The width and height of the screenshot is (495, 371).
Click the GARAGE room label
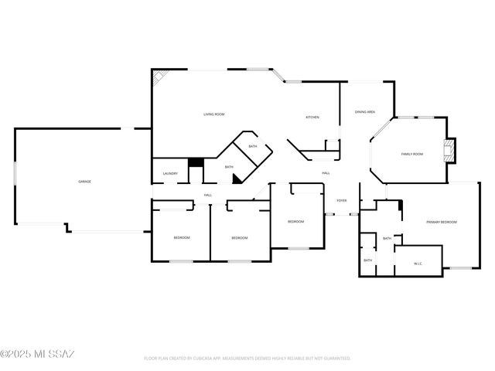click(x=84, y=182)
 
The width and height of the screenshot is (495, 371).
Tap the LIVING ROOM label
click(x=214, y=114)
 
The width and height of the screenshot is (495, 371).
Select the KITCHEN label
click(x=312, y=117)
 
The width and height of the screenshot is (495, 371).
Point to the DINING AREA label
click(x=365, y=112)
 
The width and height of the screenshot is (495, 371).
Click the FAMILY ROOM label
click(x=411, y=154)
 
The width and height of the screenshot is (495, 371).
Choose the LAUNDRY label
click(x=171, y=173)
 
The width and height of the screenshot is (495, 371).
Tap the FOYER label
click(x=341, y=201)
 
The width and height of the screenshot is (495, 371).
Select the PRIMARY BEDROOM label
click(x=442, y=222)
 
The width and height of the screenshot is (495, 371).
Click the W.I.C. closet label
click(x=418, y=264)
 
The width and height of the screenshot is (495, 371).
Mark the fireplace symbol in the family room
click(x=449, y=150)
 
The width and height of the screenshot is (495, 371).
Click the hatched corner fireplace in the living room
click(x=160, y=78)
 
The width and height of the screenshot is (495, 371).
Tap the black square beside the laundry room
click(x=196, y=162)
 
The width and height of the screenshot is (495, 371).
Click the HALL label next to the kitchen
click(x=326, y=173)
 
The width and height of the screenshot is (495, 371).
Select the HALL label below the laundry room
click(x=208, y=195)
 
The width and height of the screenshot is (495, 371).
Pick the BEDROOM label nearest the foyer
click(x=295, y=222)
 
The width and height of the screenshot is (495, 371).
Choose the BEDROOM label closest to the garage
click(x=181, y=237)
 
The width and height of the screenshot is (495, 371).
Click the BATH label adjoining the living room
click(x=253, y=146)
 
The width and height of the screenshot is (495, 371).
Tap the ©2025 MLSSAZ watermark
click(x=37, y=354)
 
